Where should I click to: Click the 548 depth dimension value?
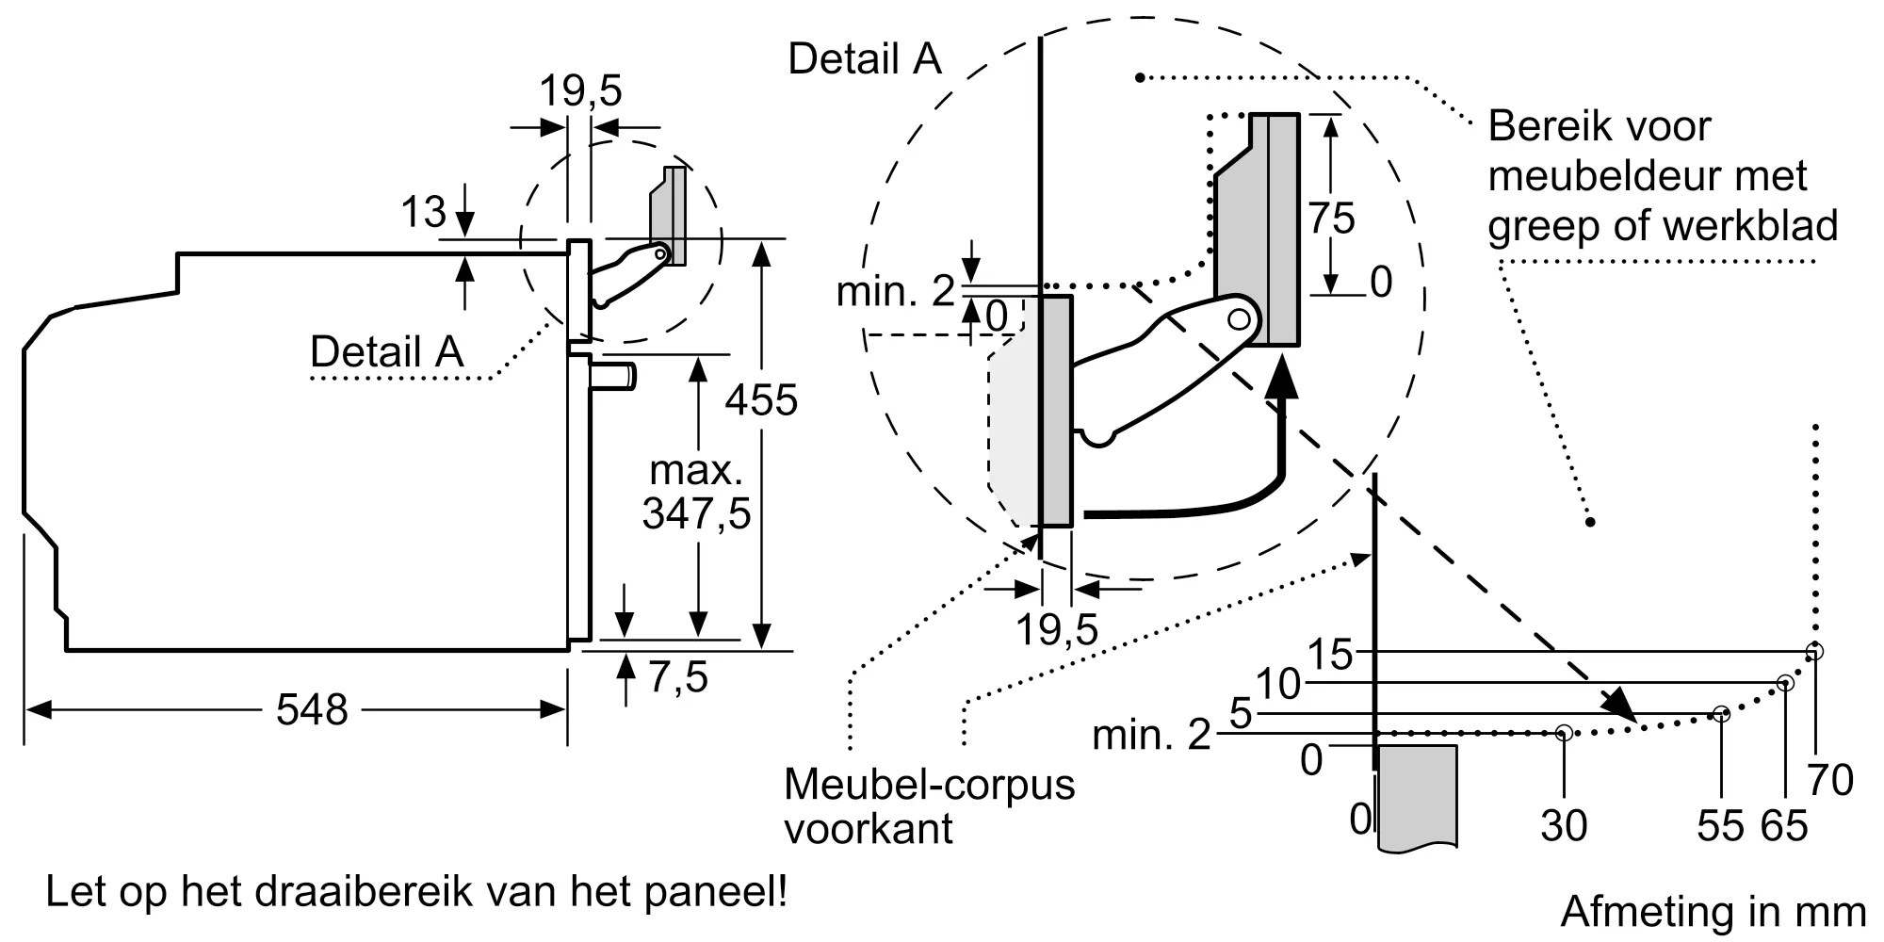pyautogui.click(x=312, y=709)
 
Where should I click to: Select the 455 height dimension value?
pyautogui.click(x=761, y=399)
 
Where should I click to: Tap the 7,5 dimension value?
pyautogui.click(x=678, y=677)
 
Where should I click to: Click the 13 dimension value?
pyautogui.click(x=423, y=212)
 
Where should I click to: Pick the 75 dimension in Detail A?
pyautogui.click(x=1331, y=219)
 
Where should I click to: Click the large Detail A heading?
pyautogui.click(x=864, y=58)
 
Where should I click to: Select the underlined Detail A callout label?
pyautogui.click(x=386, y=352)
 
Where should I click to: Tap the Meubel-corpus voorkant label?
pyautogui.click(x=929, y=806)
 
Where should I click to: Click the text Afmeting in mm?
pyautogui.click(x=1713, y=911)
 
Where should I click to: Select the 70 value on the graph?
pyautogui.click(x=1830, y=780)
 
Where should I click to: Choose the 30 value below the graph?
pyautogui.click(x=1564, y=825)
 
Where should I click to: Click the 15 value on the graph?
pyautogui.click(x=1331, y=654)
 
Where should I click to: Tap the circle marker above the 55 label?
pyautogui.click(x=1721, y=714)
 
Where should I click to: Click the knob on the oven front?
pyautogui.click(x=615, y=375)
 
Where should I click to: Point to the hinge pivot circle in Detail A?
pyautogui.click(x=1239, y=318)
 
